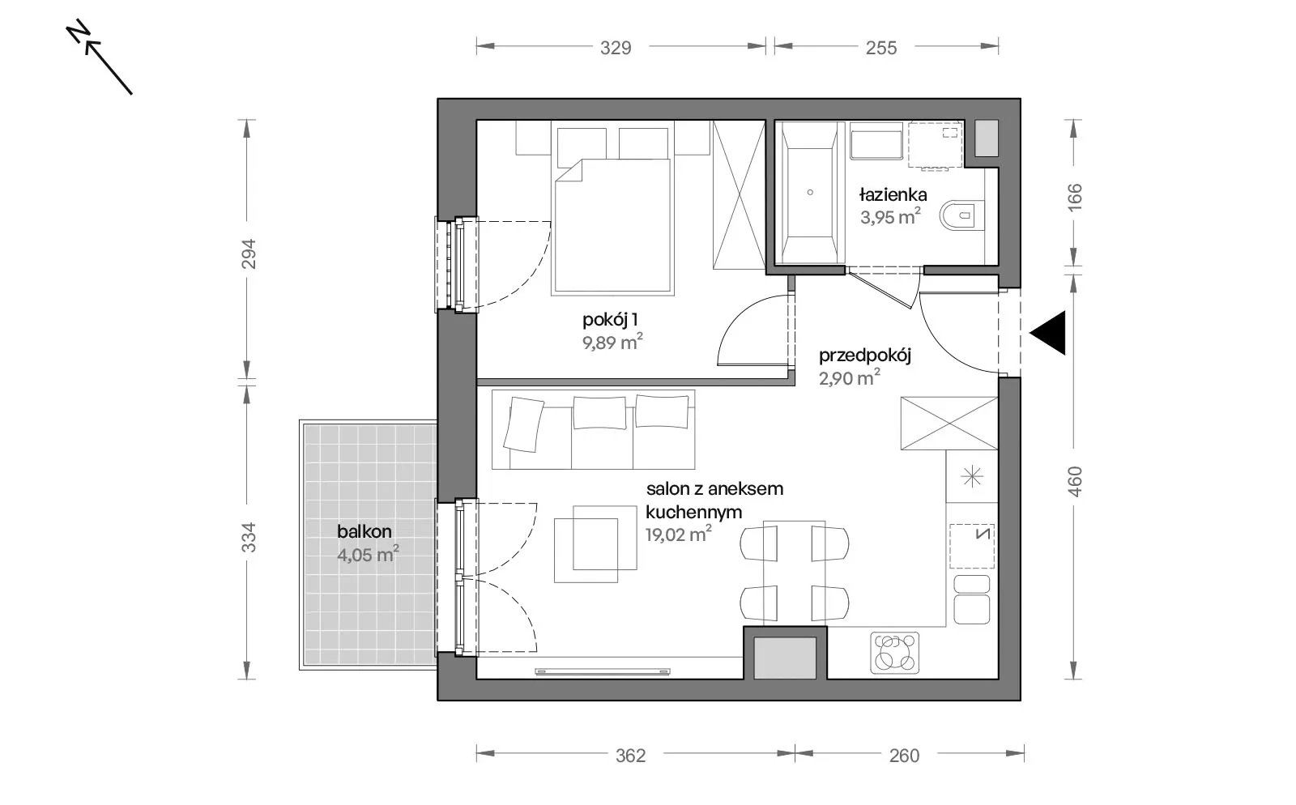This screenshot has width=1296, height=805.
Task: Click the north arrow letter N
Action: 78,32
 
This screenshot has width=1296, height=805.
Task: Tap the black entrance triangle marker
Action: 1048,333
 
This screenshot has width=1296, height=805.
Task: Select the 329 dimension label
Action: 616,48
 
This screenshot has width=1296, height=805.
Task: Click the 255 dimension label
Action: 881,48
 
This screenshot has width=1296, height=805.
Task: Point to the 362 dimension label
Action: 630,756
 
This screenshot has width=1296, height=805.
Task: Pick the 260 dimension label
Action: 904,756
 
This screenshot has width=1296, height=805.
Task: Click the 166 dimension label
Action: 1074,198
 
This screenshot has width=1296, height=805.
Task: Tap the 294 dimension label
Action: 248,253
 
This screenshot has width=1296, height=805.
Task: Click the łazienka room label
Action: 893,195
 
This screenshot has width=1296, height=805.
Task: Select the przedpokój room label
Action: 865,355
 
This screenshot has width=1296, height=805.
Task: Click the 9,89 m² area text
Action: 612,342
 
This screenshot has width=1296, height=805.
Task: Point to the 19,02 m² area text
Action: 679,534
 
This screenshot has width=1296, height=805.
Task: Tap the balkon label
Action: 364,531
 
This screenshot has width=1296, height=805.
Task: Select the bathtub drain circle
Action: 810,193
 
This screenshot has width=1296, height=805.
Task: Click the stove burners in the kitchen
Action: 895,654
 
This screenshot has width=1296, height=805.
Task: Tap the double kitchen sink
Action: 972,600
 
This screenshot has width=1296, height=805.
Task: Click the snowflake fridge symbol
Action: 972,477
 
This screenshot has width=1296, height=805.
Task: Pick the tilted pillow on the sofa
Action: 523,424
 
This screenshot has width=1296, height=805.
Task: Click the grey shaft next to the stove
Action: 785,658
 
